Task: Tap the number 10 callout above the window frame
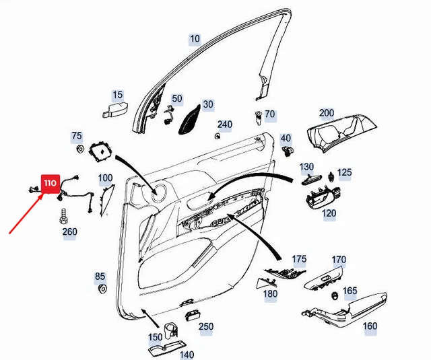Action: tap(195, 39)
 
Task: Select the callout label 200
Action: tap(327, 112)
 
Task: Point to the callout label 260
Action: tap(69, 232)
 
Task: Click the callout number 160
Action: tap(370, 327)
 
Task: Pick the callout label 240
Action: tap(224, 124)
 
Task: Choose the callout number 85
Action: tap(100, 277)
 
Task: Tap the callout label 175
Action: tap(299, 259)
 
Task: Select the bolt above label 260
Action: tap(63, 217)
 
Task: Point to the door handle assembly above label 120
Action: tap(323, 198)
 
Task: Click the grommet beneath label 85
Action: tap(103, 289)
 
